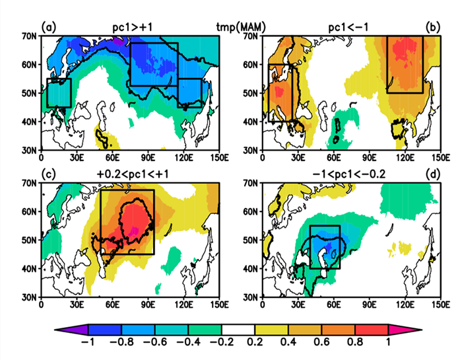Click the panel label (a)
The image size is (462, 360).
point(47,27)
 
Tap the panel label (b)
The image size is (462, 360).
point(433,27)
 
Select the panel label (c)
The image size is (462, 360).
point(47,173)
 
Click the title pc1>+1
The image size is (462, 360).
point(133,26)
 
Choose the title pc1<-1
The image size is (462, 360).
point(348,26)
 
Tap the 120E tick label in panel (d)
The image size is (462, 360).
point(405,305)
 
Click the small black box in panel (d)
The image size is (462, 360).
point(325,246)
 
